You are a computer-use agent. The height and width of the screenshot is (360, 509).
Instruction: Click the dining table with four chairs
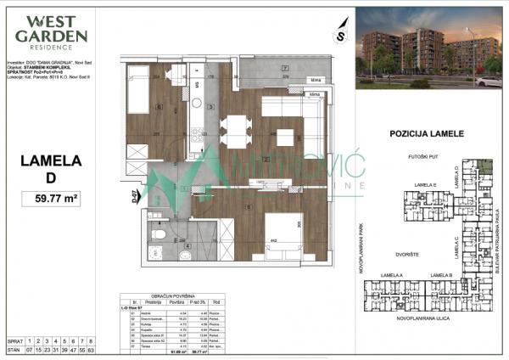click(235, 132)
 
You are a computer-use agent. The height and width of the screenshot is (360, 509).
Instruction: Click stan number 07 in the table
click(30, 348)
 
